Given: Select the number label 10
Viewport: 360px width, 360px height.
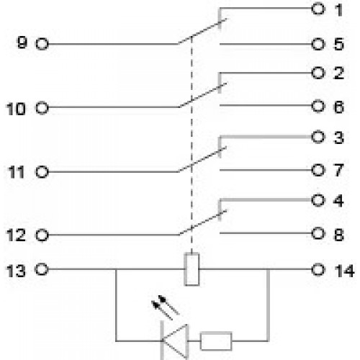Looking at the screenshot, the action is [16, 109].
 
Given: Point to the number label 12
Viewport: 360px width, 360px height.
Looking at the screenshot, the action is [16, 235].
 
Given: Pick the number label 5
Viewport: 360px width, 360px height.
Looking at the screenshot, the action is [338, 44].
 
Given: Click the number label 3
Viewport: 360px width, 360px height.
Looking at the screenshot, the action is [339, 138].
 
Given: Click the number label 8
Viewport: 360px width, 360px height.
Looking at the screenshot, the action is [339, 234].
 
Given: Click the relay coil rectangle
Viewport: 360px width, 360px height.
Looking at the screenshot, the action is [192, 269].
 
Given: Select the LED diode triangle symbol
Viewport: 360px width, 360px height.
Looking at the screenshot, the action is [175, 341].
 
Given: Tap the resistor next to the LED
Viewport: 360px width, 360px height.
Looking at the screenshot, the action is [216, 341].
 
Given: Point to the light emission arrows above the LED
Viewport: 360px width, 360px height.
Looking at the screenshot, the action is [166, 307].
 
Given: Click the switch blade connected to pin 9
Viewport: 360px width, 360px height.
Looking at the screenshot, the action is [202, 32].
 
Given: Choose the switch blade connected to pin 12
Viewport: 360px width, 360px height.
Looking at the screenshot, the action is [203, 222].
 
